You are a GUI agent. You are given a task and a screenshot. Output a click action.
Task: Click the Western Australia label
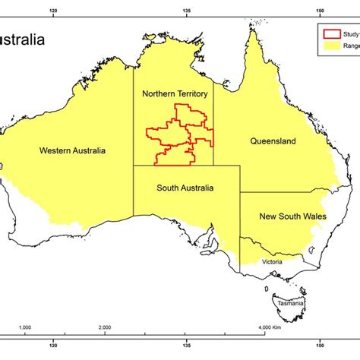[x=73, y=150]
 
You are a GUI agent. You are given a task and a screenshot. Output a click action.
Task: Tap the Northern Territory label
[x=174, y=93]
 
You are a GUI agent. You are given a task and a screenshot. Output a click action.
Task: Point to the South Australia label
[x=185, y=188]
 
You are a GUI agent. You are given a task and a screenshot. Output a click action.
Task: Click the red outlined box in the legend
[x=331, y=33]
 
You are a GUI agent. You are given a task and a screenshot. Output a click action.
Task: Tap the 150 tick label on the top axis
[x=321, y=11]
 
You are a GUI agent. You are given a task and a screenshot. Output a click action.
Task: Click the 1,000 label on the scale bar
[x=24, y=327]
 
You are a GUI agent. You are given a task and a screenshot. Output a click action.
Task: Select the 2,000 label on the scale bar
[x=105, y=327]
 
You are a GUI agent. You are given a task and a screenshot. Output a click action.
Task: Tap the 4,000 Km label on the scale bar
[x=270, y=327]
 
